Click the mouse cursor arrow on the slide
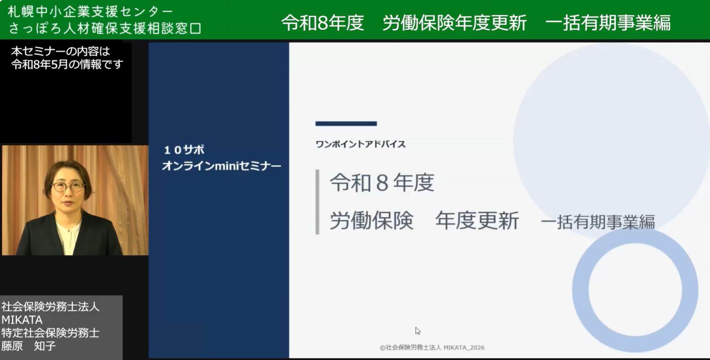(x=417, y=331)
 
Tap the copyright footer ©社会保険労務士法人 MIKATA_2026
(x=432, y=348)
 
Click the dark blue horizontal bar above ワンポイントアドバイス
(x=346, y=124)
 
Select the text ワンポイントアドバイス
(x=361, y=144)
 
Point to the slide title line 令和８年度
(x=382, y=183)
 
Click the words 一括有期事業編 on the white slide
(x=598, y=222)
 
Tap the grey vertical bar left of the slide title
(x=317, y=202)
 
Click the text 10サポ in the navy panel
(x=184, y=150)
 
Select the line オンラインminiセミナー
(x=222, y=166)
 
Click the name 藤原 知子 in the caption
(x=29, y=346)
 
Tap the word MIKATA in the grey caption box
(x=22, y=320)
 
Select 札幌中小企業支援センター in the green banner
(x=90, y=12)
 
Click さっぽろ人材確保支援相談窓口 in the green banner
(x=105, y=28)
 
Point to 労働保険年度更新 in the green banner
(x=454, y=23)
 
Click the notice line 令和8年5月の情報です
(x=67, y=65)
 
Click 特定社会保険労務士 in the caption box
(x=50, y=333)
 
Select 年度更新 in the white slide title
(x=477, y=221)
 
